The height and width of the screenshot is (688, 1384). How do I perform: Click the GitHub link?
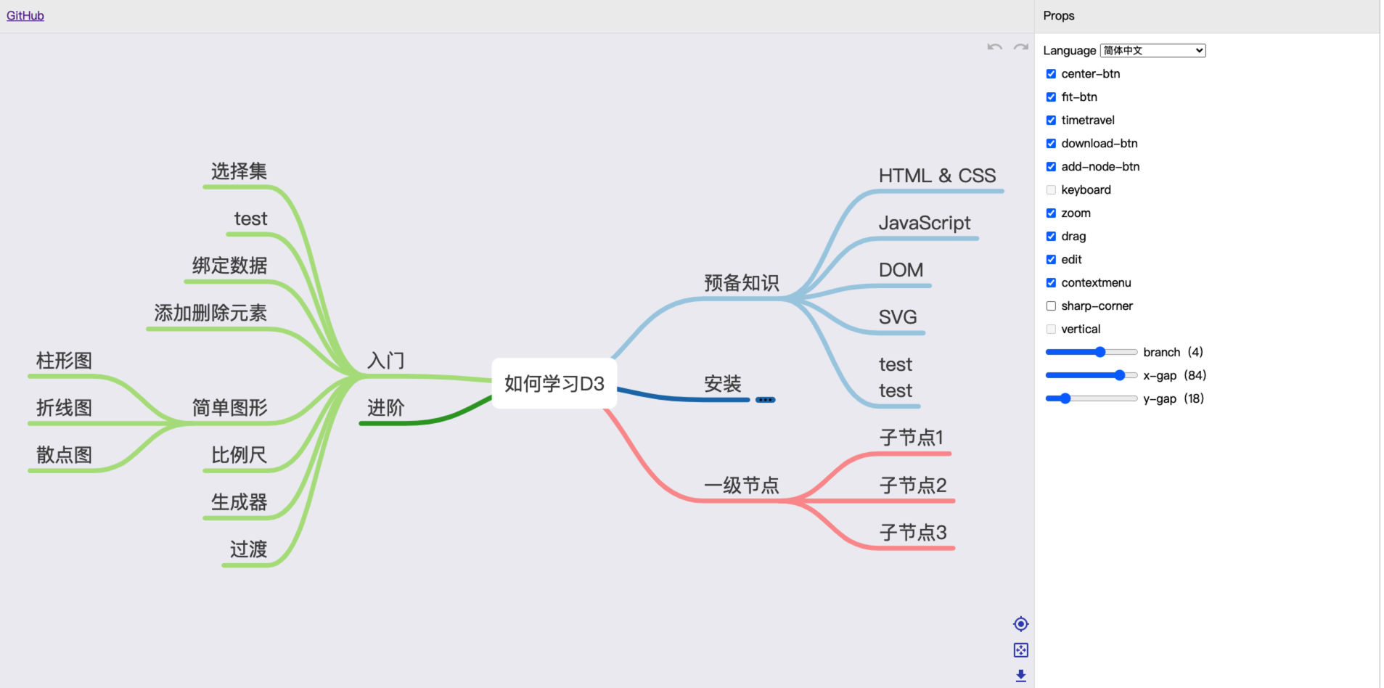pyautogui.click(x=25, y=16)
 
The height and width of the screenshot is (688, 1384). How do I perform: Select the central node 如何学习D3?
pyautogui.click(x=554, y=383)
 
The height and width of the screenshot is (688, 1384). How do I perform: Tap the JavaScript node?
pyautogui.click(x=924, y=223)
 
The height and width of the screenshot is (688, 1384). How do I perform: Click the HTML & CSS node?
pyautogui.click(x=937, y=176)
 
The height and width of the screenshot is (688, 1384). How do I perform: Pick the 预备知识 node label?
pyautogui.click(x=741, y=282)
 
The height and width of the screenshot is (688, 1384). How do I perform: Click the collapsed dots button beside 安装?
pyautogui.click(x=765, y=400)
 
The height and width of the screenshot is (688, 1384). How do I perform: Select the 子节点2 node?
pyautogui.click(x=913, y=485)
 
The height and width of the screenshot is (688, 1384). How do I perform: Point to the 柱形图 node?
pyautogui.click(x=64, y=361)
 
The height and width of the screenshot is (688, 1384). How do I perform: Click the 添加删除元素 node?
pyautogui.click(x=210, y=313)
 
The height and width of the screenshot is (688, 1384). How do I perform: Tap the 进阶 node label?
pyautogui.click(x=385, y=408)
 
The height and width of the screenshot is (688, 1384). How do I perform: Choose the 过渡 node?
pyautogui.click(x=248, y=549)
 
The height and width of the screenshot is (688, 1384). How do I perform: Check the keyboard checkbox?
pyautogui.click(x=1051, y=190)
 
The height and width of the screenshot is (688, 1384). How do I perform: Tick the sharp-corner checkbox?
pyautogui.click(x=1051, y=306)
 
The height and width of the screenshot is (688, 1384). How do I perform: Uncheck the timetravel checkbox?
pyautogui.click(x=1051, y=120)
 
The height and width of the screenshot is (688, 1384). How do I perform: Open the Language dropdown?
pyautogui.click(x=1152, y=51)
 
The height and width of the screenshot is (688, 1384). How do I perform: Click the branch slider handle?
pyautogui.click(x=1100, y=352)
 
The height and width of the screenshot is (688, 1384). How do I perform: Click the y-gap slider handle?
pyautogui.click(x=1065, y=398)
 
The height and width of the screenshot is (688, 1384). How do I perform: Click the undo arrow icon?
pyautogui.click(x=994, y=47)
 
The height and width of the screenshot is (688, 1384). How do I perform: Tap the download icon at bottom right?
pyautogui.click(x=1020, y=676)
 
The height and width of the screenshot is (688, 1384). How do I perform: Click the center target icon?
pyautogui.click(x=1020, y=624)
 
